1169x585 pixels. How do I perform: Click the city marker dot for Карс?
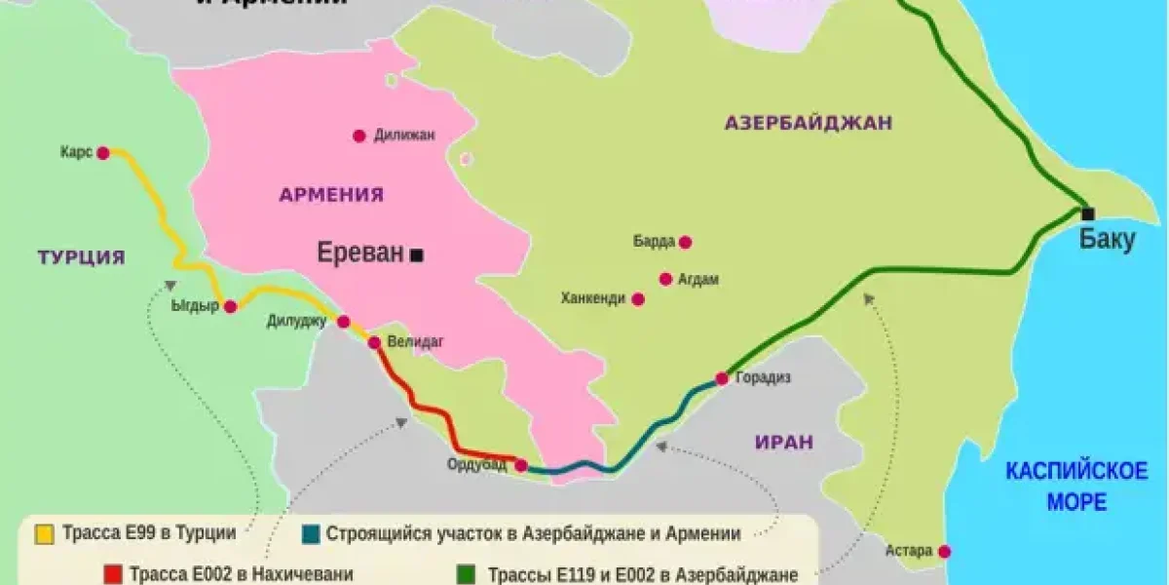coord(102,153)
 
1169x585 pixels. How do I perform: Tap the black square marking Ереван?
coord(417,255)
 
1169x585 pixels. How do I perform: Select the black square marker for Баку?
coord(1088,214)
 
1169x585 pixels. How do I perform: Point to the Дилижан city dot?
coord(359,136)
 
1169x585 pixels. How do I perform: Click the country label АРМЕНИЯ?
coord(331,195)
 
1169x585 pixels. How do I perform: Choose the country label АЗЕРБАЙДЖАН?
coord(809,123)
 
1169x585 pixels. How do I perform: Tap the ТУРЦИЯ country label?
coord(82,258)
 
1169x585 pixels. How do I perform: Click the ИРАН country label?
coord(783,442)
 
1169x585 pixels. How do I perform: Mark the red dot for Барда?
coord(685,242)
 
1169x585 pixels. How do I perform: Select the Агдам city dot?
coord(665,279)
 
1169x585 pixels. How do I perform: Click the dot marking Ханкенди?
coord(638,299)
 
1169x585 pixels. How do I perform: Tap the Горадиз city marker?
coord(722,378)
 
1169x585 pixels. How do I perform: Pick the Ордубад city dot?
coord(521,466)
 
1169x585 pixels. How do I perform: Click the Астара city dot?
coord(944,552)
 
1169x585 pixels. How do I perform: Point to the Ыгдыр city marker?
coord(231,306)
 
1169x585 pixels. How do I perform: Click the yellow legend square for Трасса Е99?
coord(44,534)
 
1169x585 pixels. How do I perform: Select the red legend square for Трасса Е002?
coord(112,573)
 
